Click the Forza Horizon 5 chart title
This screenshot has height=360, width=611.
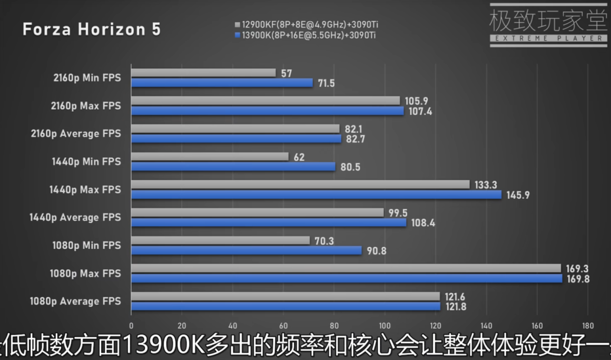click(x=91, y=30)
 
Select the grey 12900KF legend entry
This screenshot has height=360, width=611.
click(x=308, y=25)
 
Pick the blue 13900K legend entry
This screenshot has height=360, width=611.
click(x=308, y=35)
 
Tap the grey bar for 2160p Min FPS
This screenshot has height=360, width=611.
click(x=203, y=73)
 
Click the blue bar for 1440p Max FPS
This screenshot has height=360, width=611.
click(x=316, y=194)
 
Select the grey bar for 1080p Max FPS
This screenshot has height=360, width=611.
click(x=346, y=268)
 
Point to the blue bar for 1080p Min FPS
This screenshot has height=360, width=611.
click(x=247, y=250)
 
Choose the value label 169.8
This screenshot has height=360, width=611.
click(x=577, y=279)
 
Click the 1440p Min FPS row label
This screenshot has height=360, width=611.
click(x=86, y=162)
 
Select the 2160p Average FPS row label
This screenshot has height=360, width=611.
click(x=76, y=134)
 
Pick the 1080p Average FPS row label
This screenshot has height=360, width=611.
click(x=76, y=301)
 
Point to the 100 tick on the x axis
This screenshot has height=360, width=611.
click(x=385, y=325)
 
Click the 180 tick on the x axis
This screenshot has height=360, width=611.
click(x=588, y=325)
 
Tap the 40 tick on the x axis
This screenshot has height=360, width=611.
click(x=233, y=325)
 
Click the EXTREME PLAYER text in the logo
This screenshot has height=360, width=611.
click(x=548, y=38)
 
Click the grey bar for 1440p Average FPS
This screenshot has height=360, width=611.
click(x=258, y=212)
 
